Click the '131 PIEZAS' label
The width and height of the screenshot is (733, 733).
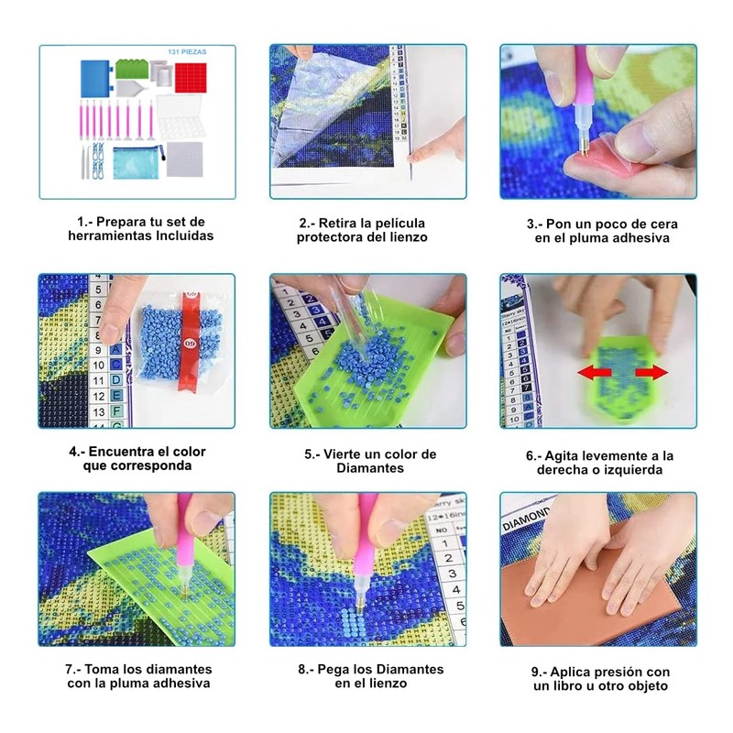(187, 52)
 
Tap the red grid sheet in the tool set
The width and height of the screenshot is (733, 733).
(191, 78)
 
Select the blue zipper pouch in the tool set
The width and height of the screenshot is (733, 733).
(137, 162)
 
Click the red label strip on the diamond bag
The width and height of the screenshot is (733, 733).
(189, 340)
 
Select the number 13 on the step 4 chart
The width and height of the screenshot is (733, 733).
(99, 411)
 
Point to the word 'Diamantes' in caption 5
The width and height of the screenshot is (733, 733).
(370, 468)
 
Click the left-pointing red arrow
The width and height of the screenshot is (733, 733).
(594, 373)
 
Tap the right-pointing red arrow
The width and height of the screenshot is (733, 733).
(651, 373)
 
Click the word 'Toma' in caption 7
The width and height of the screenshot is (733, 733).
(100, 669)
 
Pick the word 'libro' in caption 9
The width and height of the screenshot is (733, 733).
(568, 685)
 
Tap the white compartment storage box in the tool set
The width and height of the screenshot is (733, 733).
(180, 116)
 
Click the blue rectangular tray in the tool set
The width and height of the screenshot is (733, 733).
(95, 79)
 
